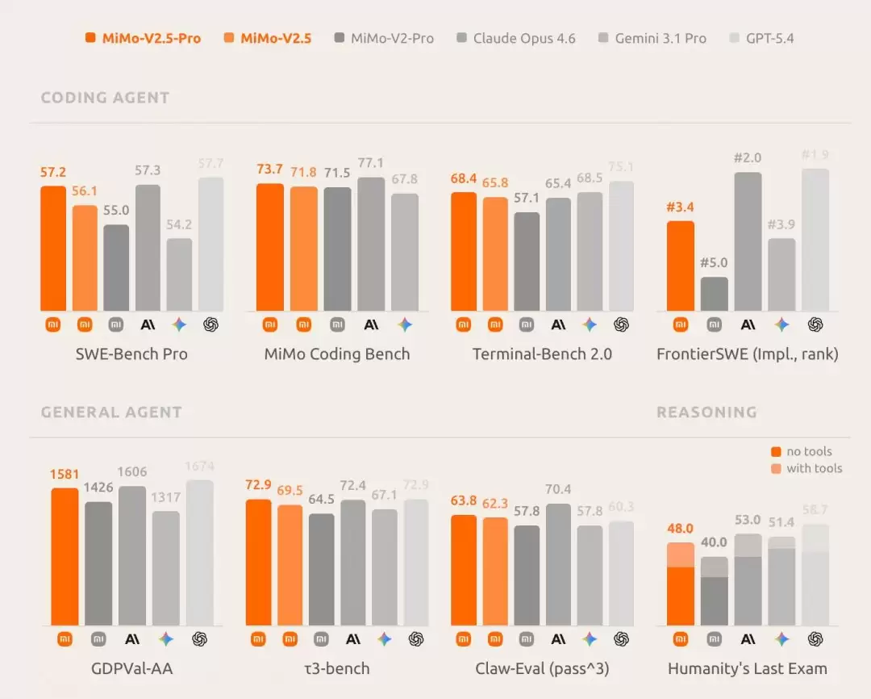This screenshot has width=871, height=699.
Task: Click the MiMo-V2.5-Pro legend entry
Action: pyautogui.click(x=144, y=38)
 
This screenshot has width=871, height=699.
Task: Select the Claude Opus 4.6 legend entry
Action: pyautogui.click(x=516, y=38)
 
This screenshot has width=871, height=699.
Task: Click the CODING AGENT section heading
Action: pyautogui.click(x=105, y=98)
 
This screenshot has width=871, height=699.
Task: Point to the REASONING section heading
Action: pyautogui.click(x=706, y=412)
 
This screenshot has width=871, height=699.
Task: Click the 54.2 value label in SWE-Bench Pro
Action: pyautogui.click(x=179, y=224)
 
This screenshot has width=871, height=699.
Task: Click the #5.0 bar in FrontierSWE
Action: pyautogui.click(x=714, y=294)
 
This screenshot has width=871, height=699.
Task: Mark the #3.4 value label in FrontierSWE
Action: pyautogui.click(x=680, y=207)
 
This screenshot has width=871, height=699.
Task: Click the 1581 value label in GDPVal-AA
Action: pyautogui.click(x=65, y=475)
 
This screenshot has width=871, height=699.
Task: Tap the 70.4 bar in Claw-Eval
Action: pyautogui.click(x=558, y=564)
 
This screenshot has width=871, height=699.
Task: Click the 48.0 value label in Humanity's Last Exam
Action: pyautogui.click(x=680, y=529)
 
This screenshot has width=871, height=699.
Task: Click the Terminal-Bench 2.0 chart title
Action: pyautogui.click(x=542, y=354)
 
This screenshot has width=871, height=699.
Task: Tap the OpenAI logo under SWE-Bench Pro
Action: pyautogui.click(x=211, y=324)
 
